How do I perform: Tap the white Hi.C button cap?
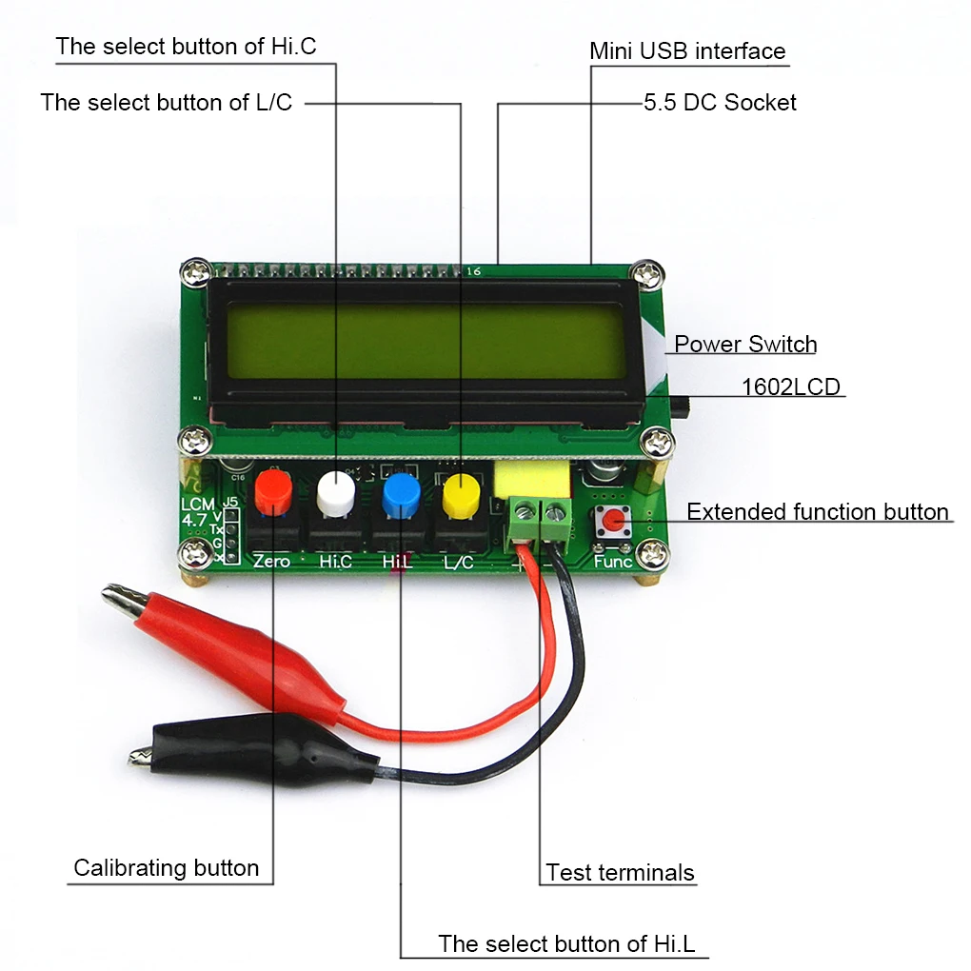(335, 491)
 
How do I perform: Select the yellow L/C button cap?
(461, 492)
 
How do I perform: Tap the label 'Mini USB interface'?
(687, 51)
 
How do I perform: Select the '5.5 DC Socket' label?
(720, 103)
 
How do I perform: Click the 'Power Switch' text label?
(745, 345)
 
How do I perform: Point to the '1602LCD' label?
(791, 387)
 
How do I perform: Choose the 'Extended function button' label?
(817, 512)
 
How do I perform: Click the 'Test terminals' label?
(620, 872)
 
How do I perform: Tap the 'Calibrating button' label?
(166, 868)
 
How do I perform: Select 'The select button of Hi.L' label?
(566, 944)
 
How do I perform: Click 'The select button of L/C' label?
(167, 103)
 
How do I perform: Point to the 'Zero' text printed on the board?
(271, 562)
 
